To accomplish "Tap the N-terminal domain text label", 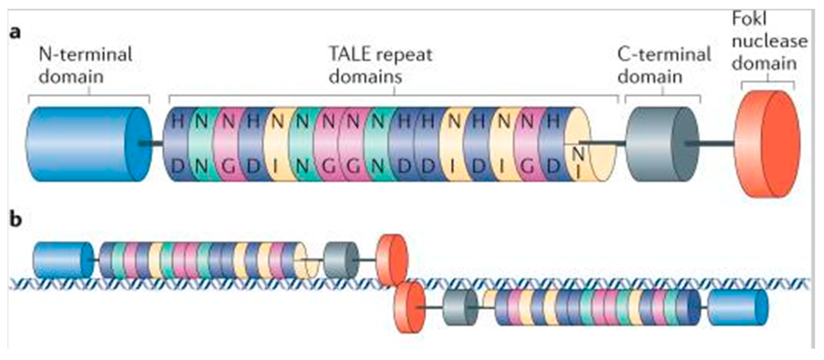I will click(85, 66).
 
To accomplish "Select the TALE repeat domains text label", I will click(381, 66).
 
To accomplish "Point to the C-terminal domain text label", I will click(664, 66).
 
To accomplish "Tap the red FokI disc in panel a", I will click(768, 144).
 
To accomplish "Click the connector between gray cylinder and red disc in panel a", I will click(716, 144).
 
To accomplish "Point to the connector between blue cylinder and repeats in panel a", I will click(157, 144).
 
